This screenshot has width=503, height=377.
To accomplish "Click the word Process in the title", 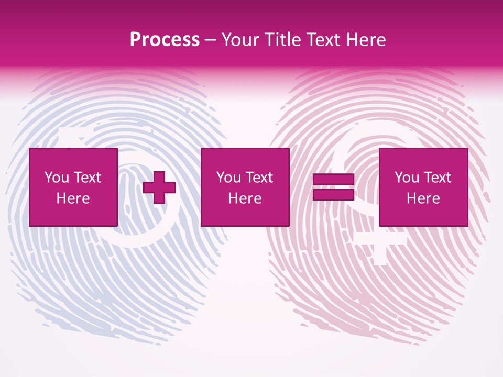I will click(x=165, y=40).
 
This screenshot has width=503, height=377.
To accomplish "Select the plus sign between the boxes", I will click(x=159, y=187).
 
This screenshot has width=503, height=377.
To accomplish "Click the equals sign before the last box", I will click(x=334, y=187).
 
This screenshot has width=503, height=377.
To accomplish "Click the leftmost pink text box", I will click(x=73, y=187).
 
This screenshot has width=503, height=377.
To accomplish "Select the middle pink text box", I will click(x=245, y=187).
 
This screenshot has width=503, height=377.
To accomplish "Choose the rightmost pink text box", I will click(x=423, y=187).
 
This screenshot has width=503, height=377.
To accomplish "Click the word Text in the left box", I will click(x=87, y=178).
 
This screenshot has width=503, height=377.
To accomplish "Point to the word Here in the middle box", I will click(x=245, y=198).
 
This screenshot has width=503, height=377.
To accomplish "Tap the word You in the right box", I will click(x=407, y=178).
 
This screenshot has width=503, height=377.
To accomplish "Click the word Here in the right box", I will click(x=423, y=198).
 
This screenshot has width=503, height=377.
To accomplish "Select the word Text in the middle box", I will click(x=259, y=178).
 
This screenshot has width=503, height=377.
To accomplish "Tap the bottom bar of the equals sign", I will click(x=334, y=195).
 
